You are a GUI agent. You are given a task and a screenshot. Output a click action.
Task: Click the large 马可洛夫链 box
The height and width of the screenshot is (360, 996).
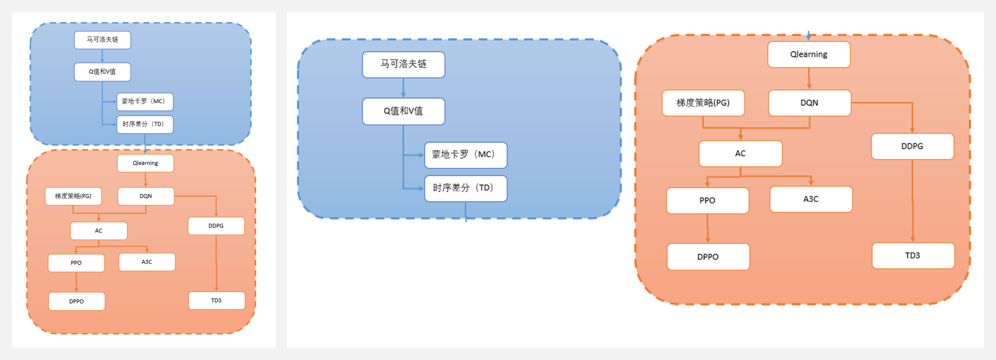pyautogui.click(x=404, y=65)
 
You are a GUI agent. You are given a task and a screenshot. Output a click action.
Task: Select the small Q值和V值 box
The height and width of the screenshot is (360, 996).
pyautogui.click(x=102, y=72)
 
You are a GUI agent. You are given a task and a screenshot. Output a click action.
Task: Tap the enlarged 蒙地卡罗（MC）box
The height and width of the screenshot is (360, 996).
pyautogui.click(x=466, y=155)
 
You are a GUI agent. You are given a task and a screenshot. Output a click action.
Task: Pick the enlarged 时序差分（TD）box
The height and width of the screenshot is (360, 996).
pyautogui.click(x=466, y=188)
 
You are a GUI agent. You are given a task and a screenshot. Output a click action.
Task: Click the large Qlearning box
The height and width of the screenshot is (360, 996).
pyautogui.click(x=809, y=54)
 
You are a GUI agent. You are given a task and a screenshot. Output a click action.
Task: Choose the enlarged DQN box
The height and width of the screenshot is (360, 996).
pyautogui.click(x=809, y=103)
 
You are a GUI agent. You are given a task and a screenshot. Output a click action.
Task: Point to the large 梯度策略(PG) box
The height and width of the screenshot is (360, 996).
pyautogui.click(x=703, y=103)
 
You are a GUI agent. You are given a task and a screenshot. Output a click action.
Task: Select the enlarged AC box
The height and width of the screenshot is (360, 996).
pyautogui.click(x=740, y=154)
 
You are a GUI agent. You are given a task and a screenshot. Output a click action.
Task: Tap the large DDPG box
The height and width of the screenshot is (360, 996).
pyautogui.click(x=912, y=146)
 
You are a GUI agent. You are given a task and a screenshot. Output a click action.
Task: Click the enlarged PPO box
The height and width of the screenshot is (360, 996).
pyautogui.click(x=707, y=200)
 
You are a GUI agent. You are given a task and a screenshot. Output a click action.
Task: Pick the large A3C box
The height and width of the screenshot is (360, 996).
pyautogui.click(x=811, y=199)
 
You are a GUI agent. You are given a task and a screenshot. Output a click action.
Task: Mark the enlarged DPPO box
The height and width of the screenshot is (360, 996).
pyautogui.click(x=708, y=257)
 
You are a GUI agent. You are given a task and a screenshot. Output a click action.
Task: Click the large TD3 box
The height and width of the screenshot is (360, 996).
pyautogui.click(x=913, y=256)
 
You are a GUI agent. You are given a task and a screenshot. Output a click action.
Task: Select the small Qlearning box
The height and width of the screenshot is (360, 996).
pyautogui.click(x=145, y=163)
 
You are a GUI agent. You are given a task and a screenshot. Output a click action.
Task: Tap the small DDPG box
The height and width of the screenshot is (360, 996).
pyautogui.click(x=216, y=226)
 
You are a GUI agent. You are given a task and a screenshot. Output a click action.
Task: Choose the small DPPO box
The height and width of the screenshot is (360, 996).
pyautogui.click(x=76, y=301)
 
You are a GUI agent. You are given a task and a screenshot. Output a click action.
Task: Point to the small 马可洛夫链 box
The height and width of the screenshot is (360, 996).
pyautogui.click(x=102, y=40)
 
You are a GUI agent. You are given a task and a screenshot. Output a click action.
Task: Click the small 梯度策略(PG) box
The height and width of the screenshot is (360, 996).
pyautogui.click(x=73, y=196)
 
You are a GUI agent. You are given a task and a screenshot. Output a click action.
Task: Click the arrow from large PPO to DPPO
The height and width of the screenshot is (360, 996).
pyautogui.click(x=707, y=228)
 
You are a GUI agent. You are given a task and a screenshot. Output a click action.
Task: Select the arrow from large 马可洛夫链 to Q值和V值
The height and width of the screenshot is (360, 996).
pyautogui.click(x=403, y=88)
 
